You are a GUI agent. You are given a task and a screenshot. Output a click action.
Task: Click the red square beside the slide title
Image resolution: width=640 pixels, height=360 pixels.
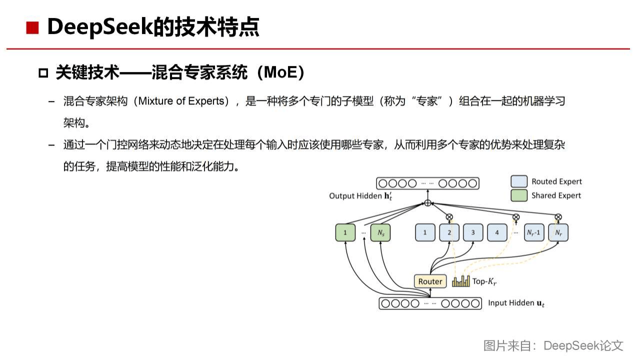tap(32, 28)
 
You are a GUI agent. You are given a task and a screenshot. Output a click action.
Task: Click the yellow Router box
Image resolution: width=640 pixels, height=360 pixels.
tap(430, 281)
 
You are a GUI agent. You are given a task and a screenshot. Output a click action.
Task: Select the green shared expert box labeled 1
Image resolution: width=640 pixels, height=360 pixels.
tap(345, 232)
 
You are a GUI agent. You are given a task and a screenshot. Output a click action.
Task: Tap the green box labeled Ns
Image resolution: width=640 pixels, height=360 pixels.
tap(380, 232)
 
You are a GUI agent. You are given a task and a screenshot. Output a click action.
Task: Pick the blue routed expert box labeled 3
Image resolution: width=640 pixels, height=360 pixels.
tap(472, 232)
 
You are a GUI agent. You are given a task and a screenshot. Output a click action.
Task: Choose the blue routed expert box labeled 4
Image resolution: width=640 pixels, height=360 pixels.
tap(497, 232)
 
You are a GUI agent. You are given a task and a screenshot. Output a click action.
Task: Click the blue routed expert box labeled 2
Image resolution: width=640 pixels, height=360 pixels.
tap(449, 232)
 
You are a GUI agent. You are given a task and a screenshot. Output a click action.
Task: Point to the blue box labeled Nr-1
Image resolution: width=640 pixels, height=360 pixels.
tap(533, 232)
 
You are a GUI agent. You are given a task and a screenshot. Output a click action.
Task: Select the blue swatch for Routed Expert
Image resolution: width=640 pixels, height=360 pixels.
tap(519, 181)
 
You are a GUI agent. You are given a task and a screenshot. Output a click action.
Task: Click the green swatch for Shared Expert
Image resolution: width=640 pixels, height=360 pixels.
tap(519, 195)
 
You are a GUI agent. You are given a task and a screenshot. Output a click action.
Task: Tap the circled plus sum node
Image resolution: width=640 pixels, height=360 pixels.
tap(427, 202)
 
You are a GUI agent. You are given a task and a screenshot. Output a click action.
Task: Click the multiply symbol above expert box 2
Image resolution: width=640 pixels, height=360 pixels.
tap(449, 217)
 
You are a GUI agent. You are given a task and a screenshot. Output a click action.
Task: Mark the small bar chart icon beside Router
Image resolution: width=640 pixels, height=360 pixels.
tap(461, 281)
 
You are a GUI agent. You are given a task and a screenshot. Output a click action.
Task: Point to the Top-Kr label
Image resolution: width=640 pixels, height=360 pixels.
tap(484, 281)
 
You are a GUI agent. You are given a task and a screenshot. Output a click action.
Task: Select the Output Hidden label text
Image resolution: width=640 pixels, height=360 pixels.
tap(360, 196)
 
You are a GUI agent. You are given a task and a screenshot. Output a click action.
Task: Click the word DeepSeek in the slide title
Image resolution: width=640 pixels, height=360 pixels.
tap(99, 27)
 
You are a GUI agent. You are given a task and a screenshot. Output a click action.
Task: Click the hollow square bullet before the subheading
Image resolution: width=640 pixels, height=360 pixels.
tap(43, 73)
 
